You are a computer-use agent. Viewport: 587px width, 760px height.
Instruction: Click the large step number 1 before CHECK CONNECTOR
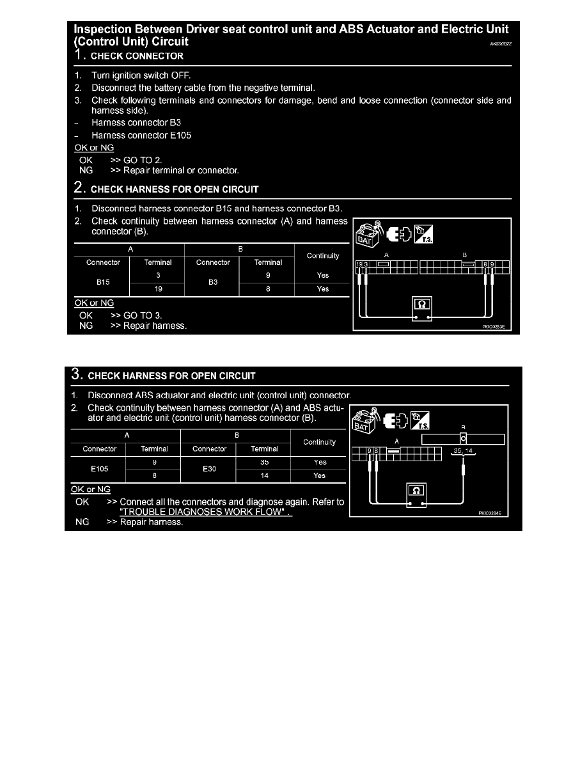tap(79, 55)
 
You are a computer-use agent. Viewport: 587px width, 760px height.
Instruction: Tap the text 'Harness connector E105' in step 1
tap(141, 135)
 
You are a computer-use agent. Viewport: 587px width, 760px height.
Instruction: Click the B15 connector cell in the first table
tap(103, 281)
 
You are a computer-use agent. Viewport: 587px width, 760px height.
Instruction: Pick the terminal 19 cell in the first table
tap(158, 289)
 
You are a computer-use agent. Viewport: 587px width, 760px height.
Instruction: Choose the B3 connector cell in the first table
tap(213, 281)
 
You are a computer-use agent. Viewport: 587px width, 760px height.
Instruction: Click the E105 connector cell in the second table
tap(99, 468)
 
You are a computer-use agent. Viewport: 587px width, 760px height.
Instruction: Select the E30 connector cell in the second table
tap(209, 468)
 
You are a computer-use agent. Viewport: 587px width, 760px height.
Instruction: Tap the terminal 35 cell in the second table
tap(264, 461)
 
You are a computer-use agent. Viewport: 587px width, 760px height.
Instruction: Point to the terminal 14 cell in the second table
tap(264, 475)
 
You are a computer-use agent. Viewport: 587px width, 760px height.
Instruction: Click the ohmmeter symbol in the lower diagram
tap(417, 490)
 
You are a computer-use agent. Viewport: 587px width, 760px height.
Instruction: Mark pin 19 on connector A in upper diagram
tap(359, 264)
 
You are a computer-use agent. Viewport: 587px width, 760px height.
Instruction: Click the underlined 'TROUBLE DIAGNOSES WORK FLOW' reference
tap(206, 512)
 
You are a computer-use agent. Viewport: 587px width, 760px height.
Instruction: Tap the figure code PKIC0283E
tap(494, 326)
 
